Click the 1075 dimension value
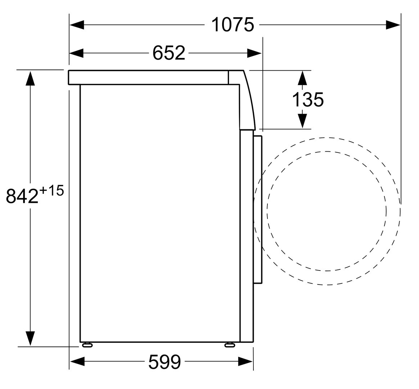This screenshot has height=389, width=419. point(233,24)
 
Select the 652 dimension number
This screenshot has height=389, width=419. point(168,53)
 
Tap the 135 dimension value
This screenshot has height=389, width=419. point(308,99)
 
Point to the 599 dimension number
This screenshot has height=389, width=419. point(165,362)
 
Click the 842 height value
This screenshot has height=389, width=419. point(22,196)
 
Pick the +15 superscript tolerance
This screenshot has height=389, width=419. point(51,191)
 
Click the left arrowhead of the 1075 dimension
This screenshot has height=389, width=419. point(77,25)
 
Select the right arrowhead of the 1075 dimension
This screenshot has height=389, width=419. point(393,25)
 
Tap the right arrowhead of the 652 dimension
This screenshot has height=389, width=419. point(254,53)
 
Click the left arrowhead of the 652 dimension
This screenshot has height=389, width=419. point(77,53)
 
